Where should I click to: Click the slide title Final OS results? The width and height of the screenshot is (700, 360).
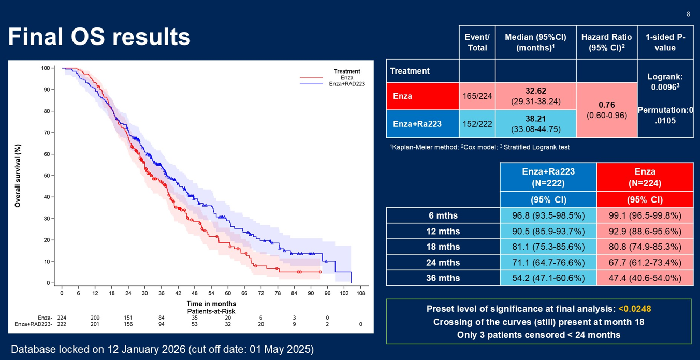point(99,37)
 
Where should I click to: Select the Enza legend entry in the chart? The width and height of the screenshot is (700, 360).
point(347,78)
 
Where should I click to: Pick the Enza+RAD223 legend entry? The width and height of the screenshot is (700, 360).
point(347,84)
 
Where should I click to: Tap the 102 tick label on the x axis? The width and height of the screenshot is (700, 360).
point(344,293)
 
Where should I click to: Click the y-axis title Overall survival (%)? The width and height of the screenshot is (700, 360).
point(18,176)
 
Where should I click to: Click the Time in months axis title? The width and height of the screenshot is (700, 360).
point(211,304)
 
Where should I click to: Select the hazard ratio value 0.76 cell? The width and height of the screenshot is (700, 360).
point(606,110)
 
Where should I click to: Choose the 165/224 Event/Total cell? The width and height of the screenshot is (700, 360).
point(477,96)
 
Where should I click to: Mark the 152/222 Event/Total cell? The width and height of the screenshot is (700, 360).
point(477,124)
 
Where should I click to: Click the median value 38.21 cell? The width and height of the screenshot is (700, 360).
point(535,124)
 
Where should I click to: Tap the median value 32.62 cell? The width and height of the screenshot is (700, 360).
point(535,96)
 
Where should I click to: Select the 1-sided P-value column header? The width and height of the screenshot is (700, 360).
point(665,42)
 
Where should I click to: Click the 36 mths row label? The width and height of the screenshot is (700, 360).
point(443,278)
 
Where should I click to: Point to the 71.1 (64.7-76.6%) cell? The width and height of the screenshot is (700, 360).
point(548,262)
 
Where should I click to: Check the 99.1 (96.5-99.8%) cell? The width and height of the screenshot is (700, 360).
point(645,215)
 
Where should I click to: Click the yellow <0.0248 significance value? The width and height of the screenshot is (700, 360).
point(634,309)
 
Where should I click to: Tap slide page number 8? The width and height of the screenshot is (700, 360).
point(688,14)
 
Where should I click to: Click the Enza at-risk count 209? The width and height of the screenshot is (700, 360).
point(95,318)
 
